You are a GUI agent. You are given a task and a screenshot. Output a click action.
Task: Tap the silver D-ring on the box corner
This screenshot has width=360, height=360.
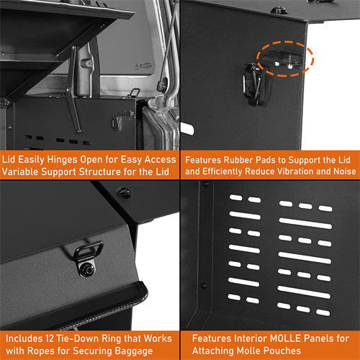(x=89, y=252)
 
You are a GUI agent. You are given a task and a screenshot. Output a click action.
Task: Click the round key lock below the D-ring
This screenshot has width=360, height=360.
(x=87, y=269)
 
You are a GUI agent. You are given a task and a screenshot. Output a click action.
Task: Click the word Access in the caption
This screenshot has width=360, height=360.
(x=155, y=159)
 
